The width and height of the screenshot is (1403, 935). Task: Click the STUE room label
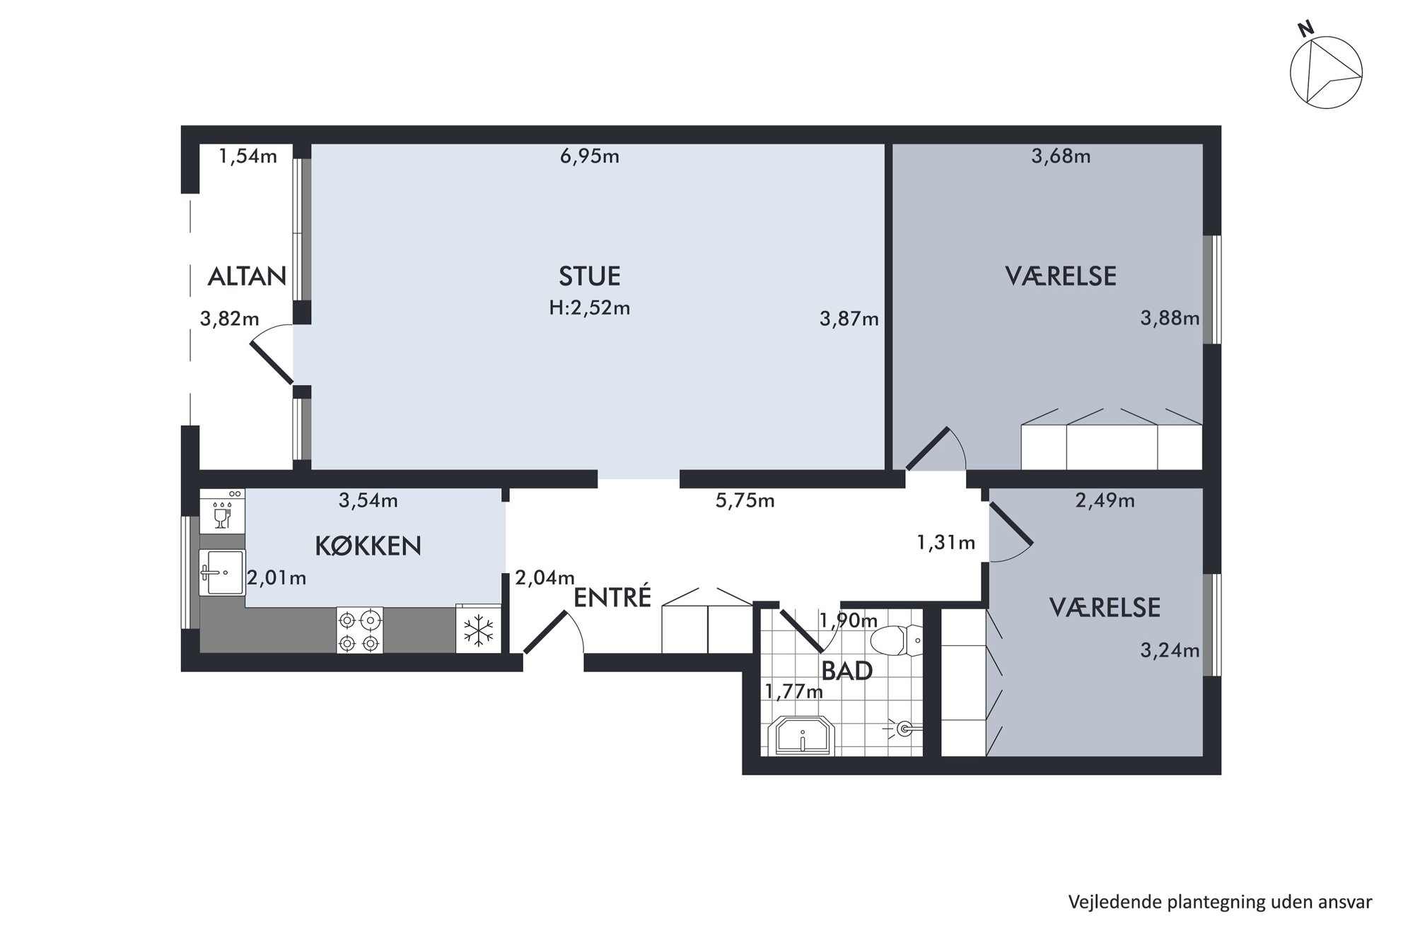(x=589, y=276)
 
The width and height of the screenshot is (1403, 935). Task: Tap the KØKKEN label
(x=368, y=546)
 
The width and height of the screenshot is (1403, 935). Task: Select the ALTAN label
(x=247, y=276)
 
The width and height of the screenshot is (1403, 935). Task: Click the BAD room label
(x=846, y=670)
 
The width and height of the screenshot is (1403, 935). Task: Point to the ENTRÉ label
(x=612, y=597)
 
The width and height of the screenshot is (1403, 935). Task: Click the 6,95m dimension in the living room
(x=589, y=156)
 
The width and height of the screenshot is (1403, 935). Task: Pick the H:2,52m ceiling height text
(x=589, y=308)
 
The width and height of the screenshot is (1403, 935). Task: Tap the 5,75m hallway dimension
(x=745, y=501)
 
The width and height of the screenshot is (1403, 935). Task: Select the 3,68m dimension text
(x=1061, y=156)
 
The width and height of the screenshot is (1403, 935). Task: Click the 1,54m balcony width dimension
(x=248, y=156)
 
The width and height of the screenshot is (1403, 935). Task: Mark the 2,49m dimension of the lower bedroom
(x=1105, y=501)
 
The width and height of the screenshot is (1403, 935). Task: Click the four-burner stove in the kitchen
(x=359, y=630)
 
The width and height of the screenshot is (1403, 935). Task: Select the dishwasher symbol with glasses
(x=222, y=510)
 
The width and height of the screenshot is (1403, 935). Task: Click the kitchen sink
(x=222, y=572)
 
